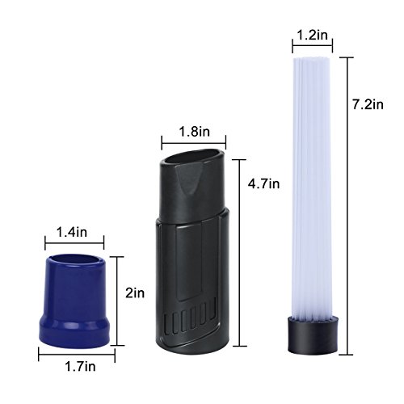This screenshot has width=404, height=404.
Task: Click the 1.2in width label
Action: (x=313, y=35)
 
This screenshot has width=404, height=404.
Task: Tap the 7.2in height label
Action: (x=368, y=104)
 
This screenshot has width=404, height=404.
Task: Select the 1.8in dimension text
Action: (x=194, y=132)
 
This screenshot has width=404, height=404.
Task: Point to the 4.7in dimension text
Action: (x=263, y=183)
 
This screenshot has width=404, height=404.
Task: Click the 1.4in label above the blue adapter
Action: (x=72, y=232)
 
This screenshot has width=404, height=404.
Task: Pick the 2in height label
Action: (x=135, y=293)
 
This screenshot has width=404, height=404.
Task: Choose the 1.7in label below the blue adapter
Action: (x=80, y=366)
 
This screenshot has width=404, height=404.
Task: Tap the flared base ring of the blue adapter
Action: (x=74, y=331)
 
